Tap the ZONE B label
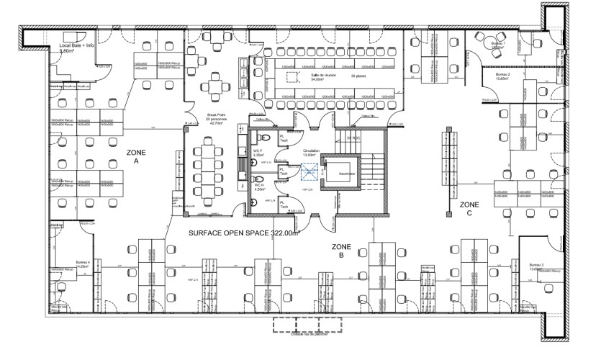(x=341, y=251)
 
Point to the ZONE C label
(x=470, y=209)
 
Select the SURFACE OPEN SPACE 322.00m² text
(x=243, y=233)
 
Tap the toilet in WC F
(x=266, y=138)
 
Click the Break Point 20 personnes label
(x=217, y=119)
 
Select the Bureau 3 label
(x=537, y=266)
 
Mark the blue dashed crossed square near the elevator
(x=309, y=173)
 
